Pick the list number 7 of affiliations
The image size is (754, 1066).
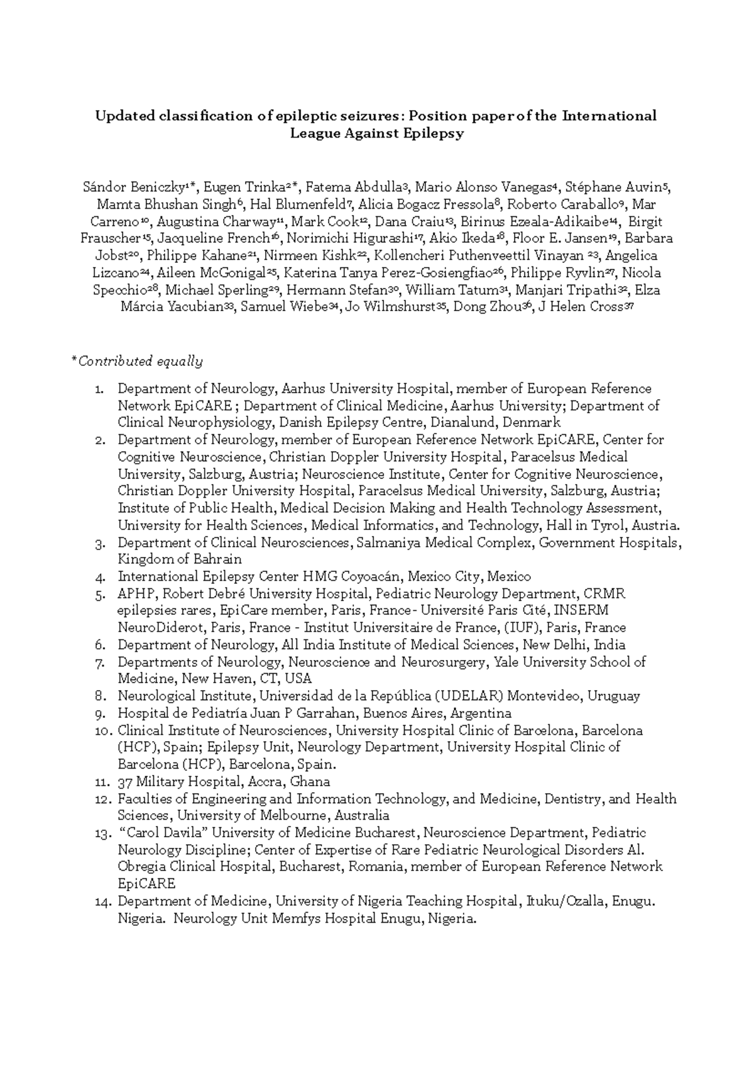99,662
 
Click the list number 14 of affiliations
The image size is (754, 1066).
102,902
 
